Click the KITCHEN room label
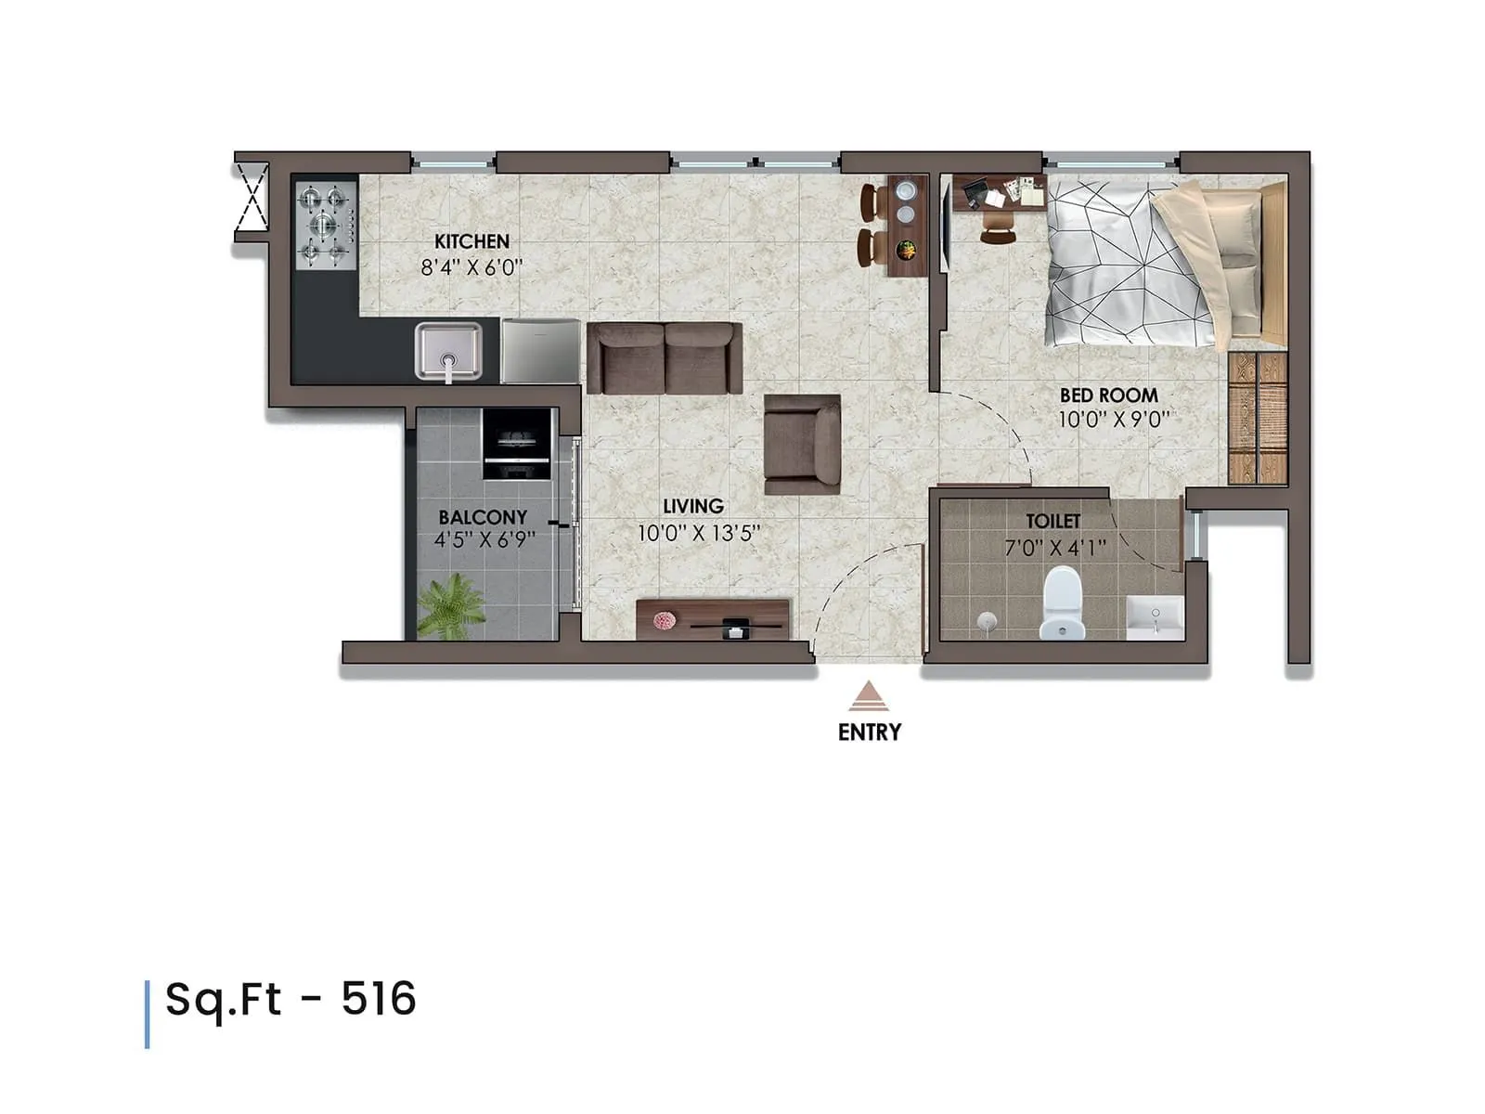click(x=471, y=241)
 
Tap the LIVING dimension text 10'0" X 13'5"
click(x=698, y=534)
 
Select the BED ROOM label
click(x=1108, y=395)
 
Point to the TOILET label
click(x=1052, y=522)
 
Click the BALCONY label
click(x=483, y=517)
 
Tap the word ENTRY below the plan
click(x=869, y=732)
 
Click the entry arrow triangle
click(x=869, y=695)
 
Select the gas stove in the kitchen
click(x=326, y=224)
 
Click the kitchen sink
click(x=448, y=351)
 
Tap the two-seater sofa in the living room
click(x=665, y=357)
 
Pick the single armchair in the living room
click(x=802, y=444)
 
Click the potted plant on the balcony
click(x=452, y=605)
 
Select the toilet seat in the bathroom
click(x=1062, y=603)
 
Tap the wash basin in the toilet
click(x=1155, y=616)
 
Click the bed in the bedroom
click(x=1160, y=265)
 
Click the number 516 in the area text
click(x=379, y=999)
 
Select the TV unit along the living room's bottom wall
click(x=713, y=619)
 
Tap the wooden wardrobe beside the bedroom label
click(x=1258, y=418)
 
